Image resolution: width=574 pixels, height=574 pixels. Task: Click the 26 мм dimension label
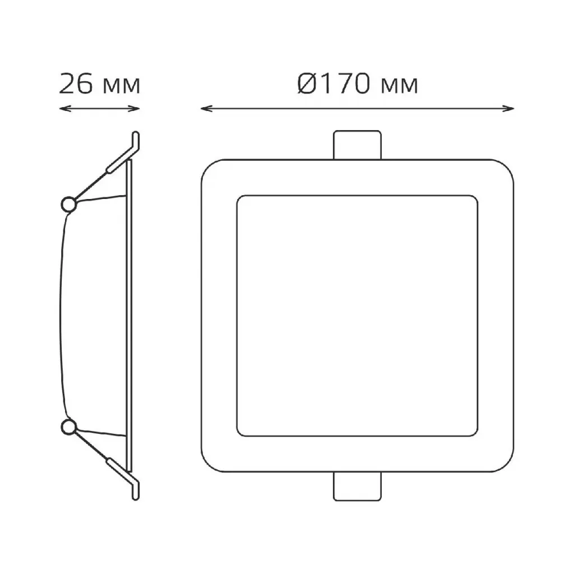[100, 84]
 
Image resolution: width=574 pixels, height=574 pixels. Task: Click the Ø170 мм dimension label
[358, 84]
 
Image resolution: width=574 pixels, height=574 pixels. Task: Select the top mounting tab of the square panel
[357, 145]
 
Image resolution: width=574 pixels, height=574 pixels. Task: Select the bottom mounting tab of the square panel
[357, 486]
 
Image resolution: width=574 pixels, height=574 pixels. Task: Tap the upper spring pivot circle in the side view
[68, 204]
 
